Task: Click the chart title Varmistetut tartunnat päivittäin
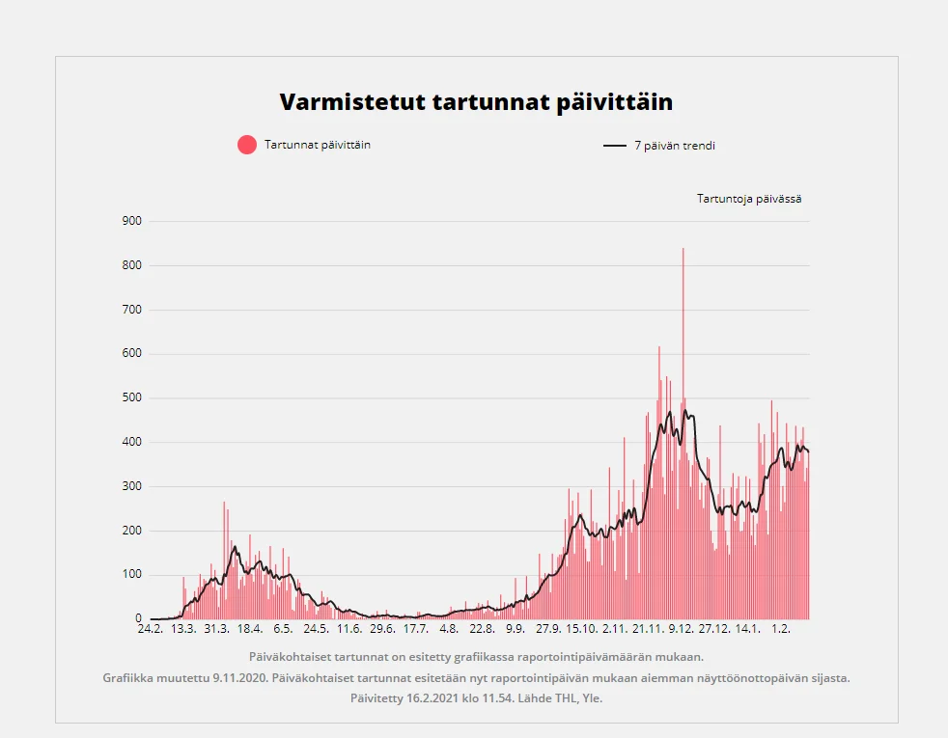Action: (x=476, y=103)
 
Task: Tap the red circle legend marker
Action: (x=247, y=145)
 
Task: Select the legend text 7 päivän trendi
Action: (x=675, y=146)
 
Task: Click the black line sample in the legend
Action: (x=615, y=146)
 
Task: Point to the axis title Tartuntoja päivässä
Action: (x=749, y=199)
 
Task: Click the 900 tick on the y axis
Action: (x=132, y=221)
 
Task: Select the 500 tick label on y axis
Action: (x=132, y=397)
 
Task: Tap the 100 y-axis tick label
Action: (x=132, y=575)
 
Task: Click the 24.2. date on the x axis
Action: (x=150, y=629)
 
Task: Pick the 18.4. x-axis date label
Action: (x=249, y=629)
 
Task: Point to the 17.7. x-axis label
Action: (x=415, y=629)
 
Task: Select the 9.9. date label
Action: (x=516, y=629)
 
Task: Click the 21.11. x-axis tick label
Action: (x=648, y=629)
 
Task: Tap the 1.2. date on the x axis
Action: (x=781, y=629)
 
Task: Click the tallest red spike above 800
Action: (x=683, y=289)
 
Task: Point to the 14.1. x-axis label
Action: (x=747, y=629)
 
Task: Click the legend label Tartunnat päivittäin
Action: (x=318, y=145)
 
